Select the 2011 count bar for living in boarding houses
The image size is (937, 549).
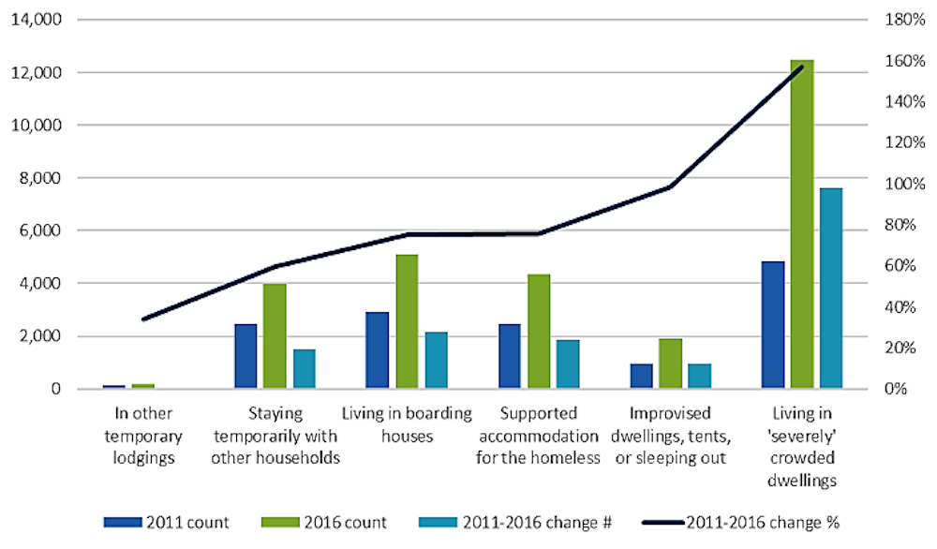coord(378,349)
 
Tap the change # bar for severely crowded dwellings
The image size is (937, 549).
coord(831,288)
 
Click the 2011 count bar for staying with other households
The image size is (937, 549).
coord(245,356)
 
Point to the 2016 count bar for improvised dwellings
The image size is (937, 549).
coord(671,363)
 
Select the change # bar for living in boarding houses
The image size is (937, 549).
coord(436,360)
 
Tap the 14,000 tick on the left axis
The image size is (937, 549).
coord(36,20)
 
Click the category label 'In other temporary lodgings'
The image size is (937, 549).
coord(141,435)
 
